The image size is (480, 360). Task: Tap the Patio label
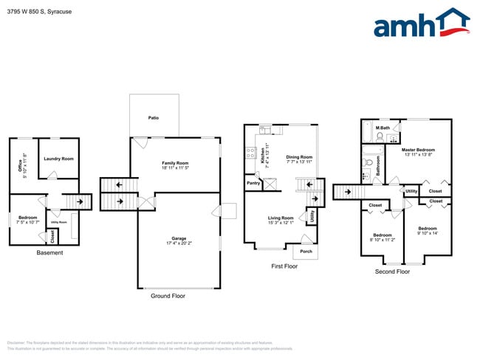pos(153,117)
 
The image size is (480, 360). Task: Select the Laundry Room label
pos(58,159)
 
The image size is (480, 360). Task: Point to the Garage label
pos(178,238)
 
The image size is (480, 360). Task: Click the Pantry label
pos(253,183)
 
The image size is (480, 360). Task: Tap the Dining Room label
pos(299,156)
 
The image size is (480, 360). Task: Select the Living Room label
pos(281,218)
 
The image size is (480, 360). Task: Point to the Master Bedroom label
pos(419,150)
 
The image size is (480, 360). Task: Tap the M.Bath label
pos(383,128)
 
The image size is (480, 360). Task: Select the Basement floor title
pos(49,253)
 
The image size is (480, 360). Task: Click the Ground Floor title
pos(168,296)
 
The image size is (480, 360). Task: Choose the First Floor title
pos(284,266)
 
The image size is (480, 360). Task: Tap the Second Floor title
pos(392,271)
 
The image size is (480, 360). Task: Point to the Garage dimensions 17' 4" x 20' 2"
pos(178,243)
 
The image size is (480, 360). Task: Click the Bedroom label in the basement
pos(27,218)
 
